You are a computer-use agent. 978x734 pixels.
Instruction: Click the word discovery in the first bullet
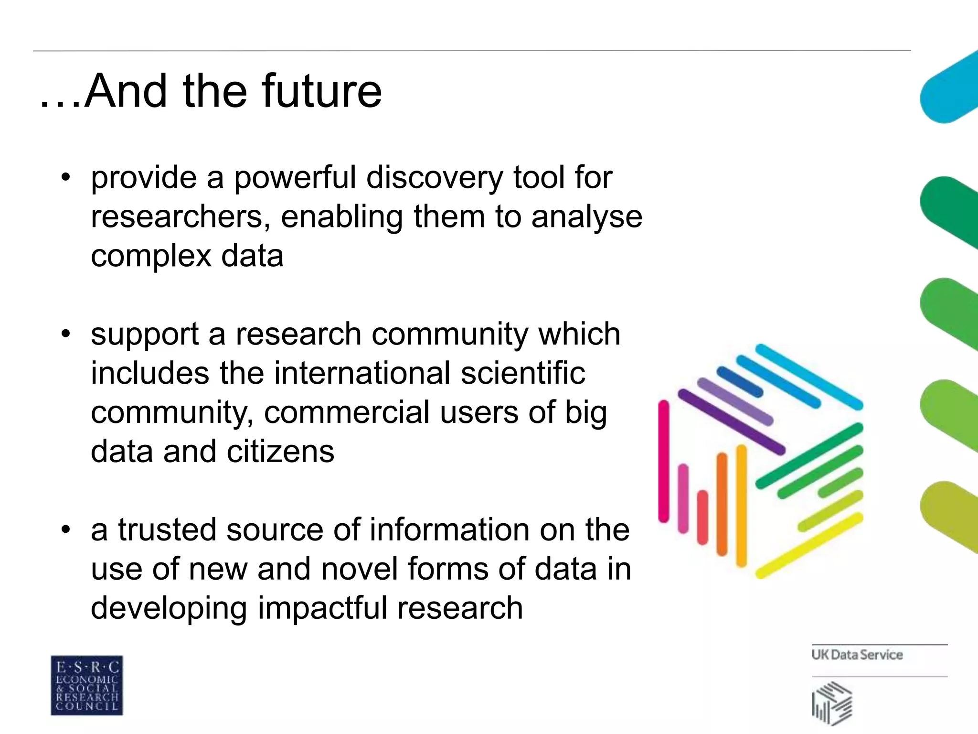tap(435, 178)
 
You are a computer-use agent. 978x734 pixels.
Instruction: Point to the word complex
tap(151, 257)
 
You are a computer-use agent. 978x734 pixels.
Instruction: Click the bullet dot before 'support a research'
tap(65, 334)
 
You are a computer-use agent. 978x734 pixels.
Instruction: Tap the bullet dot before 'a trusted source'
tap(65, 529)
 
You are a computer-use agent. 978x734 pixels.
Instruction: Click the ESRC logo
tap(87, 685)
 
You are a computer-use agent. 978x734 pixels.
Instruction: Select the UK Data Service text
tap(857, 655)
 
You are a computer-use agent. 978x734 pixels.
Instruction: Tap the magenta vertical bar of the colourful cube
tap(664, 461)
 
